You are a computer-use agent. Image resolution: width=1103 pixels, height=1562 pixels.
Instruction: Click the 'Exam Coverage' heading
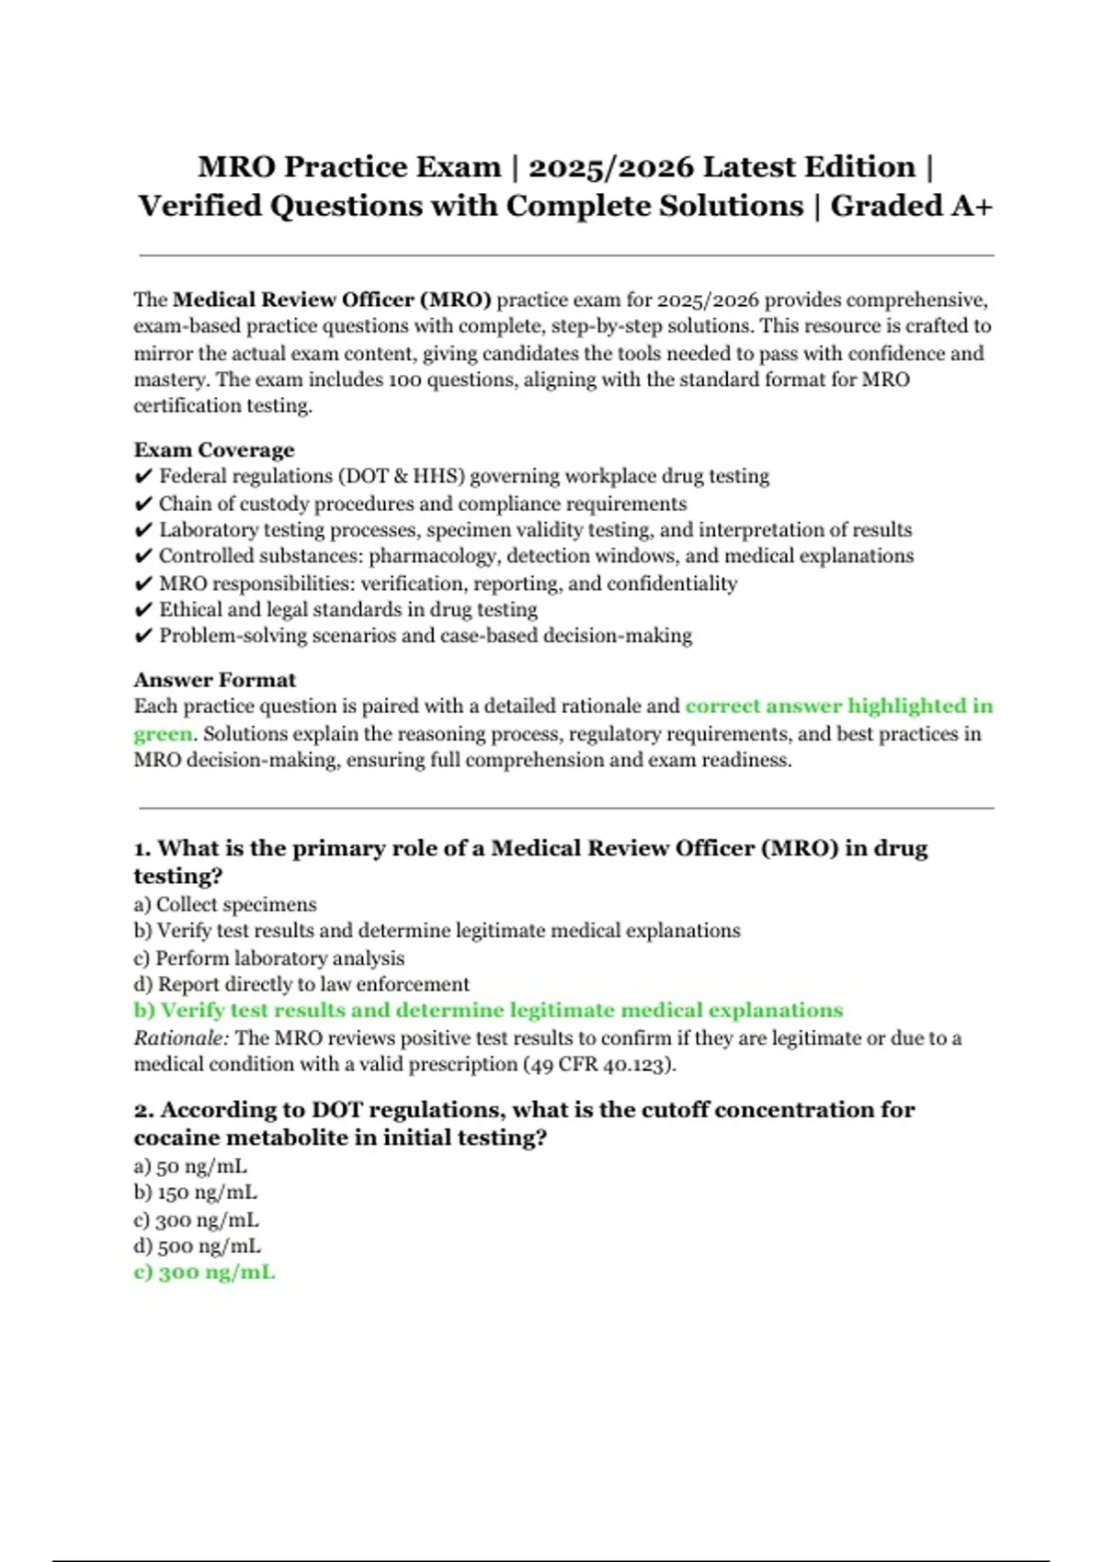(x=214, y=449)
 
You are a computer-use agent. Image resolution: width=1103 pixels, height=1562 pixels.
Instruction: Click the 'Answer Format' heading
(x=214, y=680)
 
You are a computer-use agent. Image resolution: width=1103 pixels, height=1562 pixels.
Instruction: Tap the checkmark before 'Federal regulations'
(x=143, y=476)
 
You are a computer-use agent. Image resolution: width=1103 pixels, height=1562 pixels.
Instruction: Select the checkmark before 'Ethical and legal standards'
(x=143, y=610)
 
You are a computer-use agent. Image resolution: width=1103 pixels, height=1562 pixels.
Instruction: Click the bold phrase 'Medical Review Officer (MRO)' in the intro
(x=332, y=300)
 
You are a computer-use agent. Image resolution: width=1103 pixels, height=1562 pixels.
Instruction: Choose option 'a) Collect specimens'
(x=225, y=904)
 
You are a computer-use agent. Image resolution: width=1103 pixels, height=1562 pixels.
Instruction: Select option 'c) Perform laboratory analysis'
(x=268, y=957)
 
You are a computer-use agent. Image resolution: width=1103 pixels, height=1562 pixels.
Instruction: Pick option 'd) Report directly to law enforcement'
(x=301, y=984)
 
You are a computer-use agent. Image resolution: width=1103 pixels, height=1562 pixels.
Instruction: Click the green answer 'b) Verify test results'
(x=488, y=1011)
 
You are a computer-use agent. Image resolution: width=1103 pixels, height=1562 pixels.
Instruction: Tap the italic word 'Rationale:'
(x=181, y=1038)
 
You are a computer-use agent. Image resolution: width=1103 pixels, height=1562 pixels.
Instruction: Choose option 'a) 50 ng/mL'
(x=190, y=1166)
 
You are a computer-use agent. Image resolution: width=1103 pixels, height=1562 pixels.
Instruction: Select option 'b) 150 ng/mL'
(x=195, y=1193)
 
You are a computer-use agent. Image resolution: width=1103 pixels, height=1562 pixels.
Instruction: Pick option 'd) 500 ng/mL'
(x=197, y=1246)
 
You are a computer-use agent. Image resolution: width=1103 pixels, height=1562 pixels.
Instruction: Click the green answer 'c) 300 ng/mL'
(x=204, y=1273)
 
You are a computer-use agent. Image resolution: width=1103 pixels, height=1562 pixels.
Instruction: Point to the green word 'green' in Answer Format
(x=163, y=733)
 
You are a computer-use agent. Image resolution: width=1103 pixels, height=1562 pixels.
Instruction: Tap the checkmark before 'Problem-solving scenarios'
(x=143, y=636)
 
